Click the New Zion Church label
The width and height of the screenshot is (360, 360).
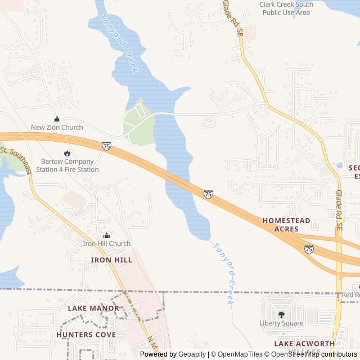tap(57, 128)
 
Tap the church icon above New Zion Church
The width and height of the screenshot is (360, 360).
tap(57, 119)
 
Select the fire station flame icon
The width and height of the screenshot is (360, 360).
tap(67, 153)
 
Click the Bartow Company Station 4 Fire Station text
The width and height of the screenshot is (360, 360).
tap(67, 165)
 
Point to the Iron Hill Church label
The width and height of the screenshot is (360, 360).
tap(106, 244)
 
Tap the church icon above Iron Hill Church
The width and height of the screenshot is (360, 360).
tap(106, 235)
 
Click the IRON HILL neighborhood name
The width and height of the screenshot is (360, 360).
tap(111, 260)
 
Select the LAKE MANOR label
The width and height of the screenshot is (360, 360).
tap(93, 308)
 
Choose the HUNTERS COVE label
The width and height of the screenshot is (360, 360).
tap(86, 335)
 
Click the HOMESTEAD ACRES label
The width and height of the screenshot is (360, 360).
tap(286, 225)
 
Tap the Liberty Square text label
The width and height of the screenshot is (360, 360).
tap(281, 323)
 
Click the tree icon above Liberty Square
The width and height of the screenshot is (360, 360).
tap(281, 314)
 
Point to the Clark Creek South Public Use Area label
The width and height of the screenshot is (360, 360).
tap(286, 8)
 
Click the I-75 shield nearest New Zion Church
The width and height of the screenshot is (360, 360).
tap(106, 146)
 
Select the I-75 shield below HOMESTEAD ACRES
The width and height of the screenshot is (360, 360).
tap(309, 249)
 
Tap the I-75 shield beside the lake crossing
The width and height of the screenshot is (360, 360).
tap(208, 194)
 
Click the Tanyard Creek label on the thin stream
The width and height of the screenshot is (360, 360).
tap(224, 273)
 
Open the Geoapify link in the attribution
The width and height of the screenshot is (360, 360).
tap(192, 354)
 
